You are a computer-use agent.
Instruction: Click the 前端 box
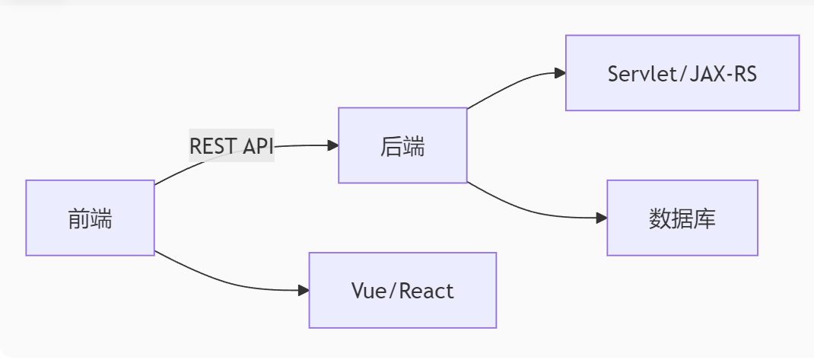click(90, 218)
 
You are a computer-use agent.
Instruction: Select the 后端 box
click(402, 145)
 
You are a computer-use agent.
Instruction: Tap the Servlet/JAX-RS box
click(682, 73)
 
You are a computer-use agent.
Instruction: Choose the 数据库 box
click(682, 218)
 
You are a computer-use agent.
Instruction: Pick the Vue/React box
click(402, 290)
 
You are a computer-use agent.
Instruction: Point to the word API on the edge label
click(257, 146)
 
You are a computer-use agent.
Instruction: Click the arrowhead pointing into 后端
click(332, 145)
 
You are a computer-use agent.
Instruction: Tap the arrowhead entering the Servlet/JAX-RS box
click(560, 73)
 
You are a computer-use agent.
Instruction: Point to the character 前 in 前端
click(78, 218)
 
